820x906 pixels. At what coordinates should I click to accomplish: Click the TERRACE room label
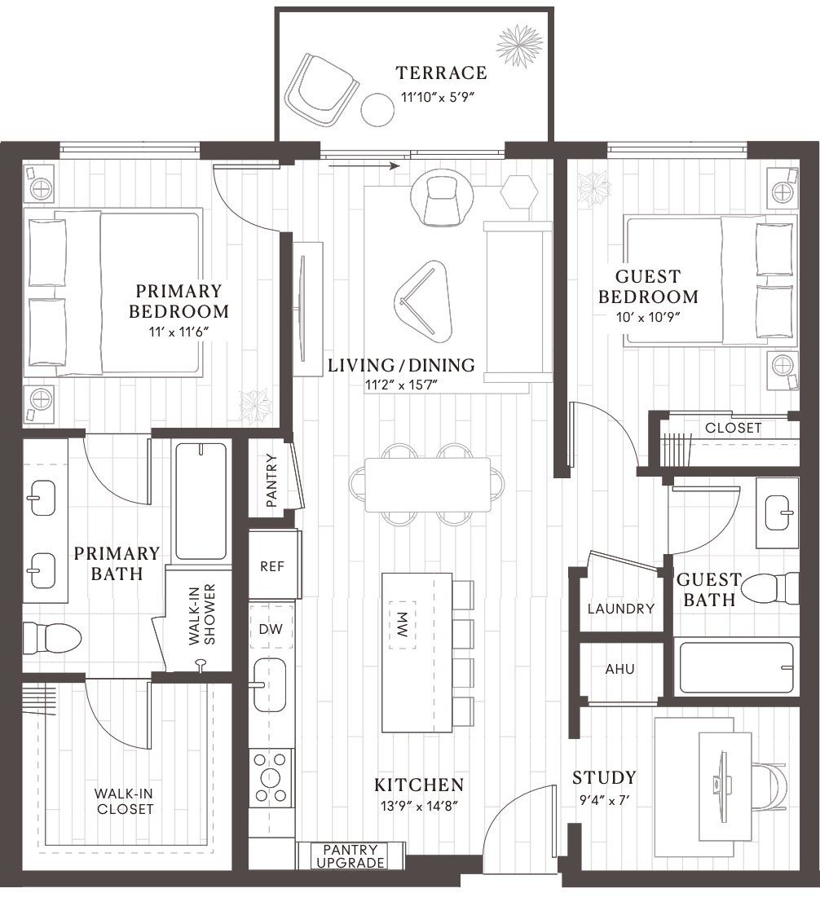click(441, 73)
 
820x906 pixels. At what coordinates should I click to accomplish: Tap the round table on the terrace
click(377, 109)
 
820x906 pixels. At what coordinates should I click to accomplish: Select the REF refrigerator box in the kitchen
click(272, 566)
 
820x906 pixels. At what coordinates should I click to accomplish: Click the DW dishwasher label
click(271, 629)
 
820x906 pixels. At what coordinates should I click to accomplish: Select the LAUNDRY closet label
click(621, 609)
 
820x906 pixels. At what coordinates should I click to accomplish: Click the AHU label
click(619, 669)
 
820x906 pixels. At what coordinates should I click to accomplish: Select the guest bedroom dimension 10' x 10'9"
click(647, 316)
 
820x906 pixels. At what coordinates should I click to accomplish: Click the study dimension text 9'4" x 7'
click(603, 801)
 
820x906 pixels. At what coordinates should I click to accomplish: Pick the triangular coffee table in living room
click(423, 297)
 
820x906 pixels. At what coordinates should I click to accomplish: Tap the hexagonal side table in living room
click(519, 192)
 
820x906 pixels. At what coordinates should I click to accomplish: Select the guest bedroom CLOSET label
click(733, 428)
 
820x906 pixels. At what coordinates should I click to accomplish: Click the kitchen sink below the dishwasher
click(270, 684)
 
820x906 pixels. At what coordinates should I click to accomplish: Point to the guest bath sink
click(776, 512)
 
